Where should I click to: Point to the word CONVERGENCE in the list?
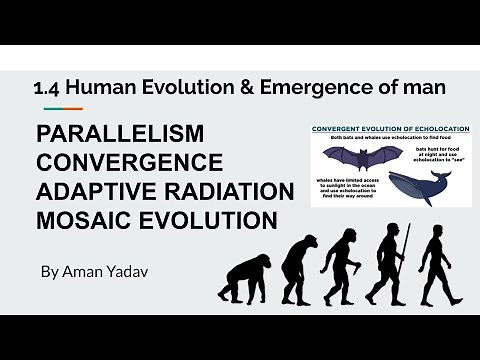(129, 162)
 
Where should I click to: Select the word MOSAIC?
(84, 218)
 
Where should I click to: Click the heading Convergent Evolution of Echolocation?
(391, 130)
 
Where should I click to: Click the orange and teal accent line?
(63, 108)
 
